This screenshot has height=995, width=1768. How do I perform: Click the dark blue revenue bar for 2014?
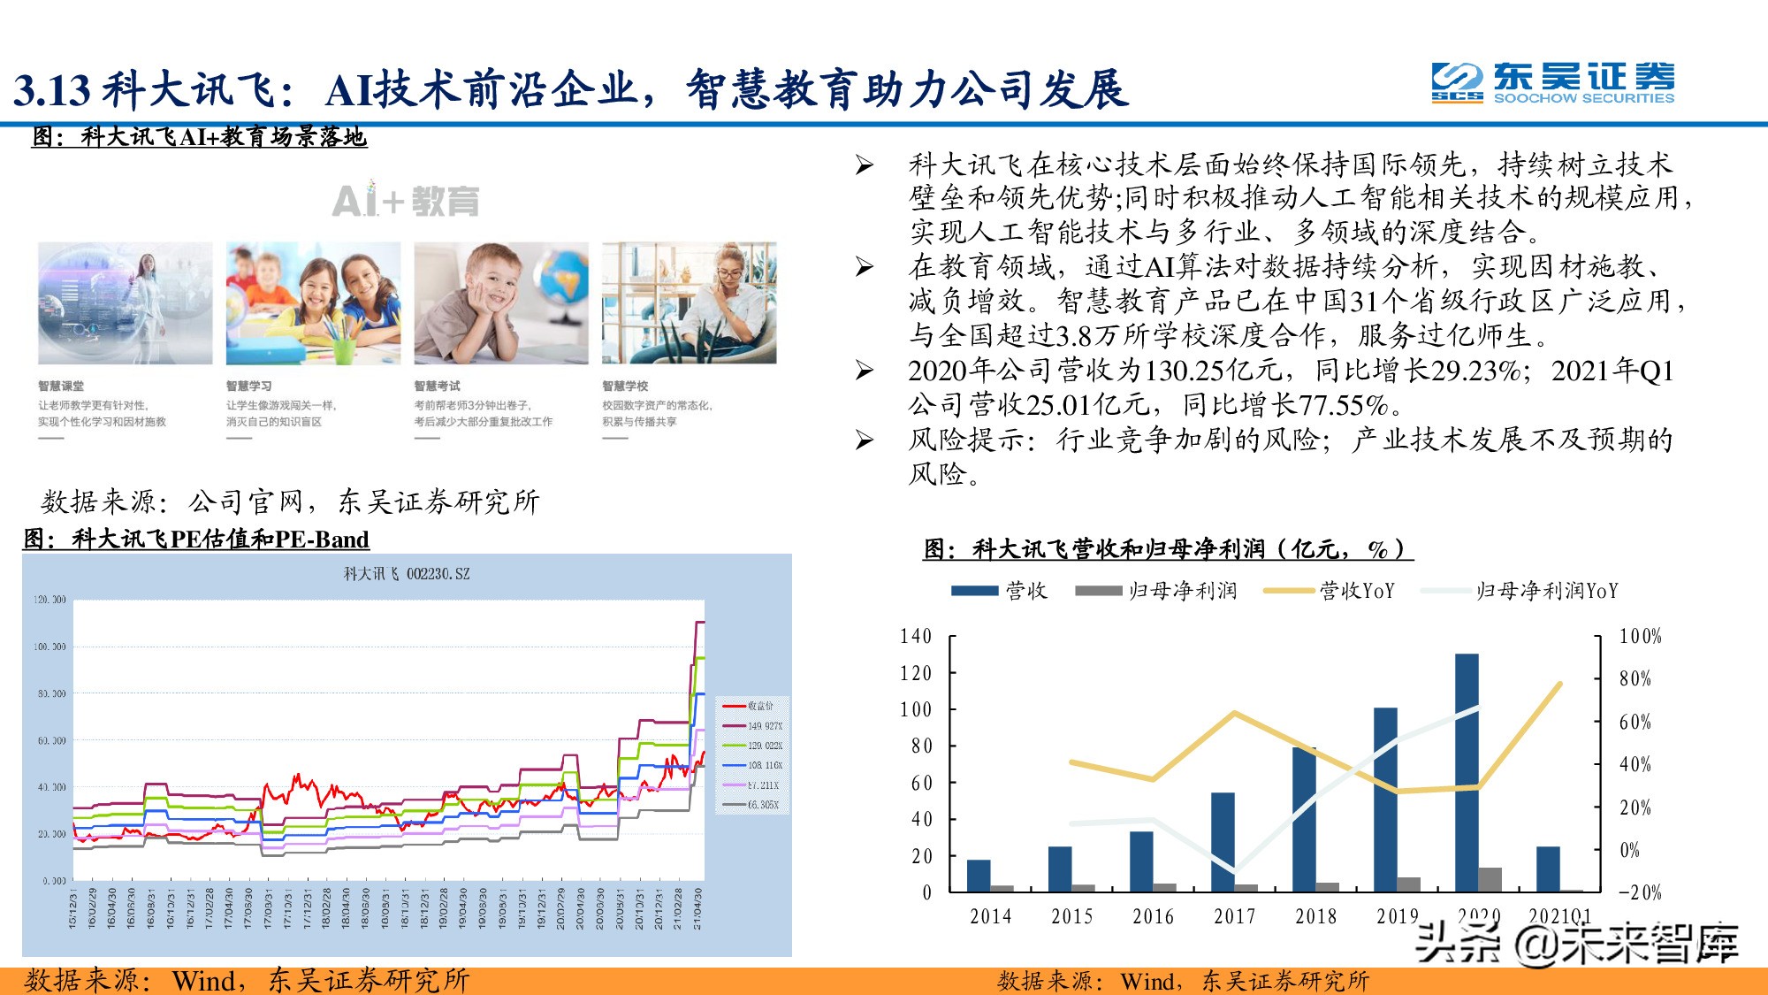(x=979, y=875)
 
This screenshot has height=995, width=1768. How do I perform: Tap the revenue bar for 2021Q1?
(x=1548, y=869)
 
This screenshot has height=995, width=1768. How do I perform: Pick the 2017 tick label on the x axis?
(x=1234, y=916)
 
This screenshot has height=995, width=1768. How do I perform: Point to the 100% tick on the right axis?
(x=1640, y=636)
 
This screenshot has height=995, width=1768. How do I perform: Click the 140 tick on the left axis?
(x=916, y=636)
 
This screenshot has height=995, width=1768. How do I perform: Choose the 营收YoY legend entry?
(x=1330, y=590)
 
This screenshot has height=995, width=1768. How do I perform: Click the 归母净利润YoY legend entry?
(x=1520, y=590)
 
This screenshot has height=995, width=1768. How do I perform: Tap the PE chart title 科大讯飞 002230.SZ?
(x=407, y=574)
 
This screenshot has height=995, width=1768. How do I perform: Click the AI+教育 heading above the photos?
(x=406, y=201)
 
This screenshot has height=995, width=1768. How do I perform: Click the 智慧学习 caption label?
(x=248, y=386)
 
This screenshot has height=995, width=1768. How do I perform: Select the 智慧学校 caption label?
(x=625, y=386)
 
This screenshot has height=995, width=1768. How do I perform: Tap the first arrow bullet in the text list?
(x=864, y=165)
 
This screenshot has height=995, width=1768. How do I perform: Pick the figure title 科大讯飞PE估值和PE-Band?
(x=196, y=539)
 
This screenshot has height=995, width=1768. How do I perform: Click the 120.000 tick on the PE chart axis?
(x=50, y=600)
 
